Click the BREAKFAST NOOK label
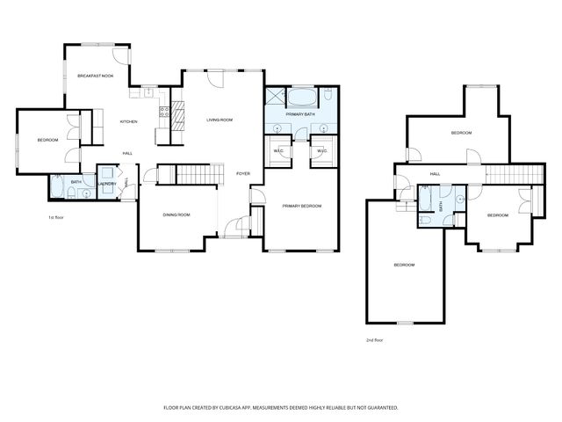(x=96, y=76)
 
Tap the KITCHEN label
(x=128, y=121)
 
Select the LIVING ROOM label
(x=219, y=120)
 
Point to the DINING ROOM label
(x=177, y=215)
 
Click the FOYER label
(x=243, y=173)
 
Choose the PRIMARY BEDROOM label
(x=301, y=206)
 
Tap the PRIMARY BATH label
(x=299, y=115)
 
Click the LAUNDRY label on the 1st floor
(x=108, y=185)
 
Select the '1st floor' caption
(x=57, y=217)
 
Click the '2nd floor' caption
(x=374, y=339)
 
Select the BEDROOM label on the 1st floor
(x=47, y=140)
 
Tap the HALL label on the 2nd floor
(x=435, y=174)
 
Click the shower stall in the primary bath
(x=275, y=96)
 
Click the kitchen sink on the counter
(x=147, y=91)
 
